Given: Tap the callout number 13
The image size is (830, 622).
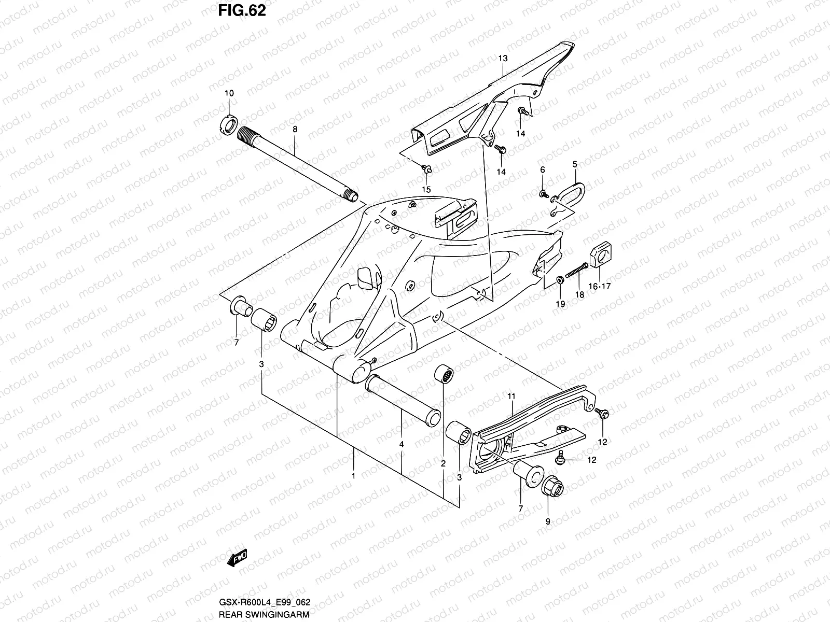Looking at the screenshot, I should (x=503, y=59).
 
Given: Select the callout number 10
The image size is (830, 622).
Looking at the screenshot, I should (x=229, y=93).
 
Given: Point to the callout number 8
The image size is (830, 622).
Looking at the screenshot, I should (x=295, y=129).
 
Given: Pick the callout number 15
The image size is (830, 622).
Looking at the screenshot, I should (x=426, y=189).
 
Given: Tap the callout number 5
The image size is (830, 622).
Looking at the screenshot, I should (x=574, y=164).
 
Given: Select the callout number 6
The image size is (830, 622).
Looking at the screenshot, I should (x=543, y=170).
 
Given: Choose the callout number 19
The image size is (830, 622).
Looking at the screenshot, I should (x=560, y=304).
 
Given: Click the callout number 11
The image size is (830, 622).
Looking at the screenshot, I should (x=511, y=397).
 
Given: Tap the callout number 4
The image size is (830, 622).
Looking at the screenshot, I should (x=402, y=445).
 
